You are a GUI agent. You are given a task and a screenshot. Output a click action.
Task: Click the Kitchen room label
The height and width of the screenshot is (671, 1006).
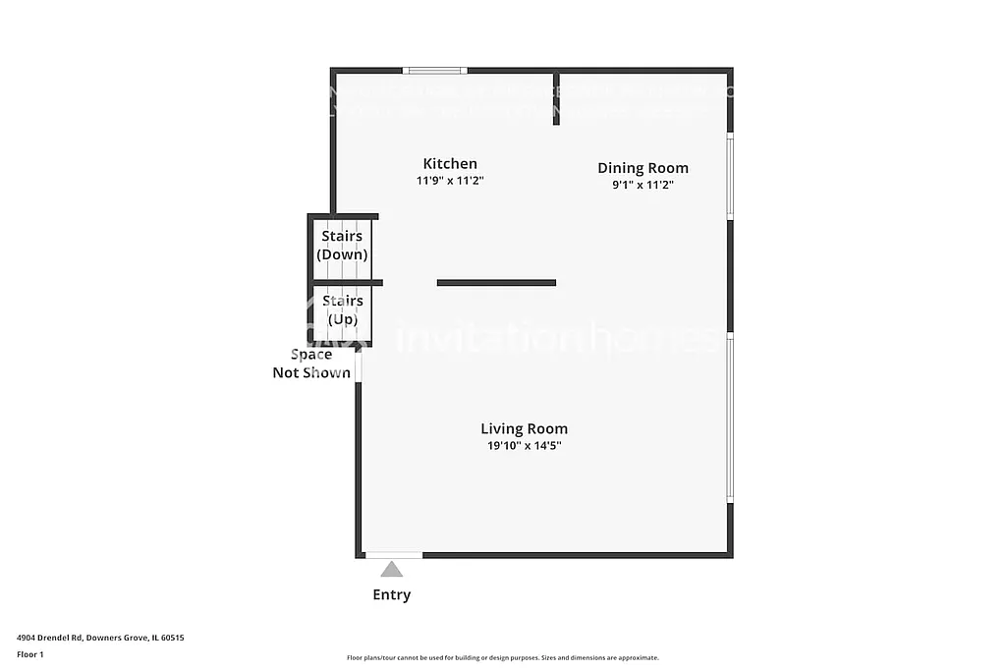450,164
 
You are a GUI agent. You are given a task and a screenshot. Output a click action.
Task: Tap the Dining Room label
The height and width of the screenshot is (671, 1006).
643,168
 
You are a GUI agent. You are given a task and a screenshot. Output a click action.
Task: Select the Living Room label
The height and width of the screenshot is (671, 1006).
524,428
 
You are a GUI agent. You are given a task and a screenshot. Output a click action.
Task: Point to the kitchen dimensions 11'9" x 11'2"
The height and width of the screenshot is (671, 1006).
450,181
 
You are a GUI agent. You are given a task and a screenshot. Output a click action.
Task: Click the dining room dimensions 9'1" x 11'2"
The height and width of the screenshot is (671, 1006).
643,185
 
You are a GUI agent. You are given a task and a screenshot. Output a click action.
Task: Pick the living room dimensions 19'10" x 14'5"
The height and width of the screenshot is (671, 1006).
524,445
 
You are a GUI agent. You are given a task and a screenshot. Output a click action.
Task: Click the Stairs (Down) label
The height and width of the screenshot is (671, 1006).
342,245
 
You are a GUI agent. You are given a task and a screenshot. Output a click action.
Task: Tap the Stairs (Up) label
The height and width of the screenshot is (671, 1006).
342,309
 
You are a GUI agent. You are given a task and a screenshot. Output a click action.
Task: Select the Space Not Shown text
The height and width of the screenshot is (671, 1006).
311,363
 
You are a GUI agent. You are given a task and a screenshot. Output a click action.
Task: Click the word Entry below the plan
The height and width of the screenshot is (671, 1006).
391,594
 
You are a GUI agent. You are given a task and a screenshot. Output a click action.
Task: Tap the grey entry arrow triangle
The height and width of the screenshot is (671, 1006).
392,569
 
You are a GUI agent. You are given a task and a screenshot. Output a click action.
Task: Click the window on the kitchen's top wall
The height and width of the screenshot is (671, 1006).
435,70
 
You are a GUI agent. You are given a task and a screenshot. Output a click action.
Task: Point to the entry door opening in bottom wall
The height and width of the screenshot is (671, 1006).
394,555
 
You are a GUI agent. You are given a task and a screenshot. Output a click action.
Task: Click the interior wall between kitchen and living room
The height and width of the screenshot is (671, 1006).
496,283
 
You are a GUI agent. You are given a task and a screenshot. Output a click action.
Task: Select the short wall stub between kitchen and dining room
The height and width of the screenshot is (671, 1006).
556,98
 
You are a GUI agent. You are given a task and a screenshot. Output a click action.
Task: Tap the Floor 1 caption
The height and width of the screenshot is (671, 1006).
30,654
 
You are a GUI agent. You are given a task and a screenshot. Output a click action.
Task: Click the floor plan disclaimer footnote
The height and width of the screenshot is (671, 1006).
502,658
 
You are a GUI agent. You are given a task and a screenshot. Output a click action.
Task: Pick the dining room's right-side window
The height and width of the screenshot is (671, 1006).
729,176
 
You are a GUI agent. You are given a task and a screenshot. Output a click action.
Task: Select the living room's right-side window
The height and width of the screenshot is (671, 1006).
729,418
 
